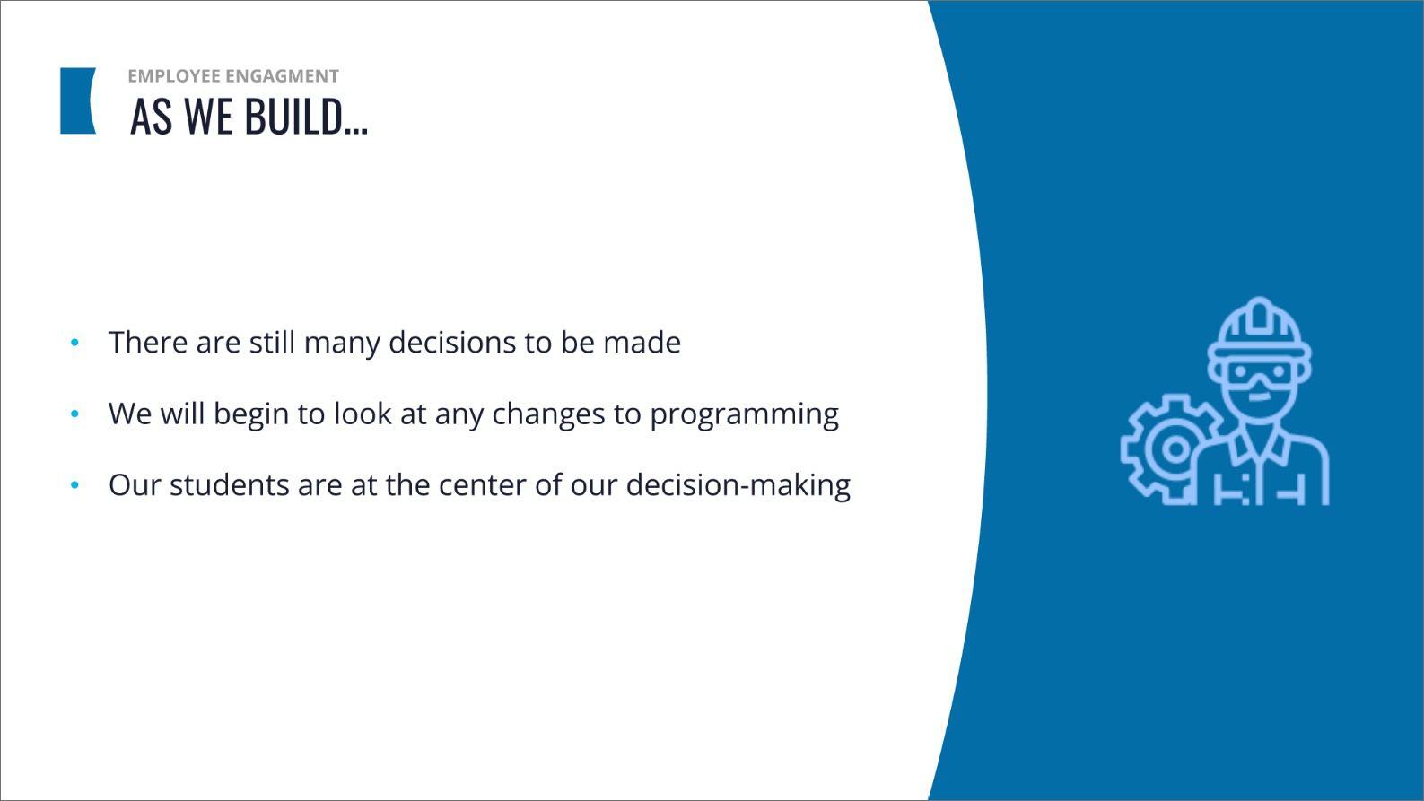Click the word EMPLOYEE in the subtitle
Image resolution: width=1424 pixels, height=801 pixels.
174,76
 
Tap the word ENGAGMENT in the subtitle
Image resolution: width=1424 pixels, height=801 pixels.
283,76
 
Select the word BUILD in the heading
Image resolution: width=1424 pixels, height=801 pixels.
293,117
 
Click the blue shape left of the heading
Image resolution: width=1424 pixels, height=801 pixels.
77,101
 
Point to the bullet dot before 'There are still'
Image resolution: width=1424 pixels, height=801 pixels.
75,343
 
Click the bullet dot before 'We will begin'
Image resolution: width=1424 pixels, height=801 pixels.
75,414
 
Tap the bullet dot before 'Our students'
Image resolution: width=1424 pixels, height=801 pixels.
75,485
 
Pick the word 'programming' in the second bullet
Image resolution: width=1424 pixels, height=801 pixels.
745,414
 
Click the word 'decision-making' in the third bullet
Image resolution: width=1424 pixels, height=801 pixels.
738,485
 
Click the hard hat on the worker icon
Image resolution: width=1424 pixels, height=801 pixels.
1260,331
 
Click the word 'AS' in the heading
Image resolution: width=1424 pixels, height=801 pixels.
152,117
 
